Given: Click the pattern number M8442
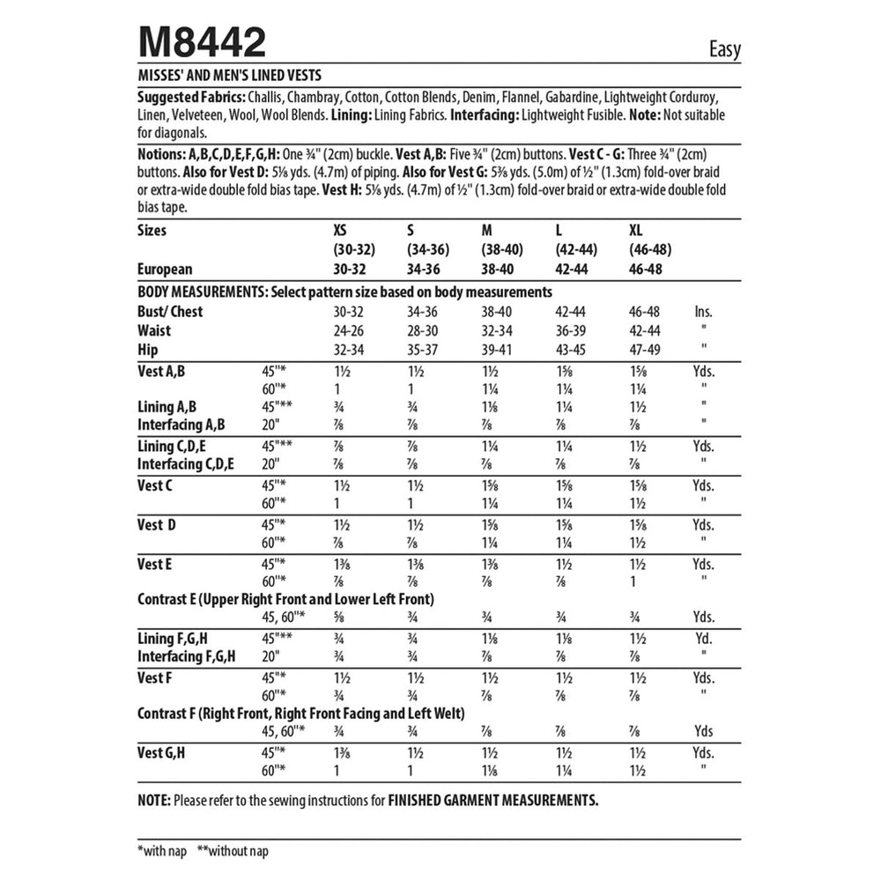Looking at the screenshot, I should click(x=202, y=41).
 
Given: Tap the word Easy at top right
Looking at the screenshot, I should click(x=724, y=49).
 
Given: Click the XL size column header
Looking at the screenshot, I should click(x=635, y=230).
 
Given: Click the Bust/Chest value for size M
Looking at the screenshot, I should click(x=500, y=311).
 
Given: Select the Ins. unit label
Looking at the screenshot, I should click(x=703, y=311).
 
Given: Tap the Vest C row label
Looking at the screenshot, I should click(x=155, y=485).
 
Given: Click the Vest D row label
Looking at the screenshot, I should click(x=157, y=525).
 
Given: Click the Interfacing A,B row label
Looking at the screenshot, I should click(x=181, y=424).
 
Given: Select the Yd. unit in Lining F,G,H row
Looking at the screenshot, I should click(x=703, y=638).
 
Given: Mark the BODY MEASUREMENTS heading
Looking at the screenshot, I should click(x=203, y=292).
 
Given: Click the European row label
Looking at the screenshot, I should click(x=165, y=270).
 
